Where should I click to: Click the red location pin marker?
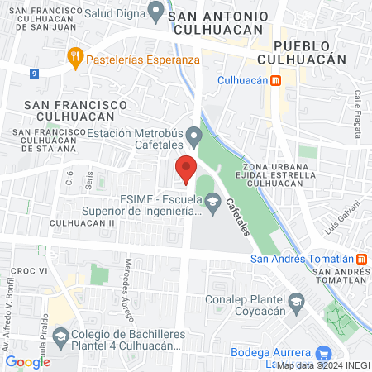185,169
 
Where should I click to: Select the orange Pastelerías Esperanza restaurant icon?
75,56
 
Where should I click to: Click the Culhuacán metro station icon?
275,81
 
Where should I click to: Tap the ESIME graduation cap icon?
213,200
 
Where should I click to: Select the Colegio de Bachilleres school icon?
60,337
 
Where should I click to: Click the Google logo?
27,361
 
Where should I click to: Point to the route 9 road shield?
34,74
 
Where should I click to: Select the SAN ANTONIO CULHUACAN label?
217,23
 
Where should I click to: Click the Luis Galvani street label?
342,217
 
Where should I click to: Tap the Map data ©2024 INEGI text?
323,365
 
